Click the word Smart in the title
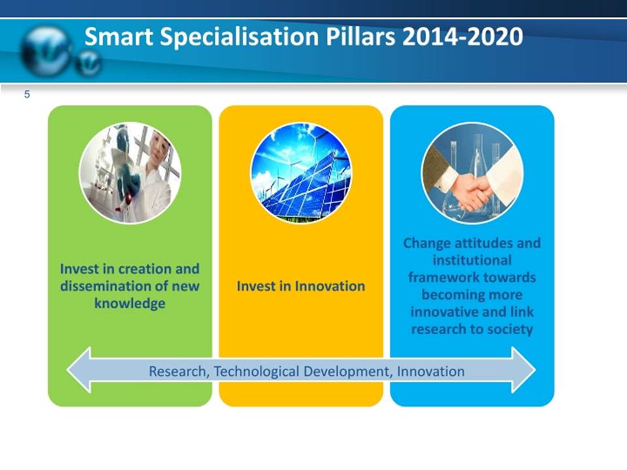click(119, 37)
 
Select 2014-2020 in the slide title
click(462, 37)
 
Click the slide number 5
click(27, 94)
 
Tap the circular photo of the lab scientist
click(130, 173)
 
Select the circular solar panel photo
click(300, 173)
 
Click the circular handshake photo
click(472, 173)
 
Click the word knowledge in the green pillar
click(130, 304)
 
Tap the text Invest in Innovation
click(300, 286)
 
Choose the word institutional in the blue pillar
click(472, 260)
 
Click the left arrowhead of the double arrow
click(79, 370)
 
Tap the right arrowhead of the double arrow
click(523, 370)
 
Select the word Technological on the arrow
click(256, 371)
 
